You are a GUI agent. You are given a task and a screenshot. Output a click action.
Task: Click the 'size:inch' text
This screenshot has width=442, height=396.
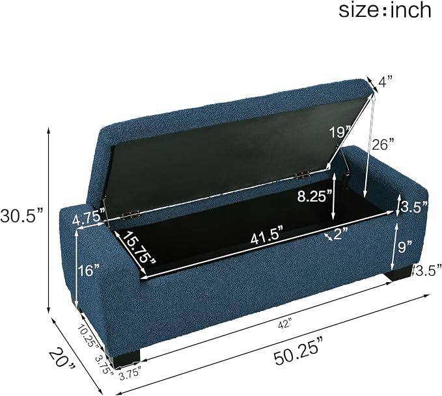tap(385, 10)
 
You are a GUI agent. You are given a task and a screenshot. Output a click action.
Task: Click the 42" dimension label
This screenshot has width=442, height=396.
tap(284, 324)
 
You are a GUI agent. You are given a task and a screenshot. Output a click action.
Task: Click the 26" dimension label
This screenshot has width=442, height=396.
tap(383, 145)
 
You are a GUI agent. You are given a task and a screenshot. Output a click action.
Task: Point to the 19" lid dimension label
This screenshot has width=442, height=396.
tap(340, 132)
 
